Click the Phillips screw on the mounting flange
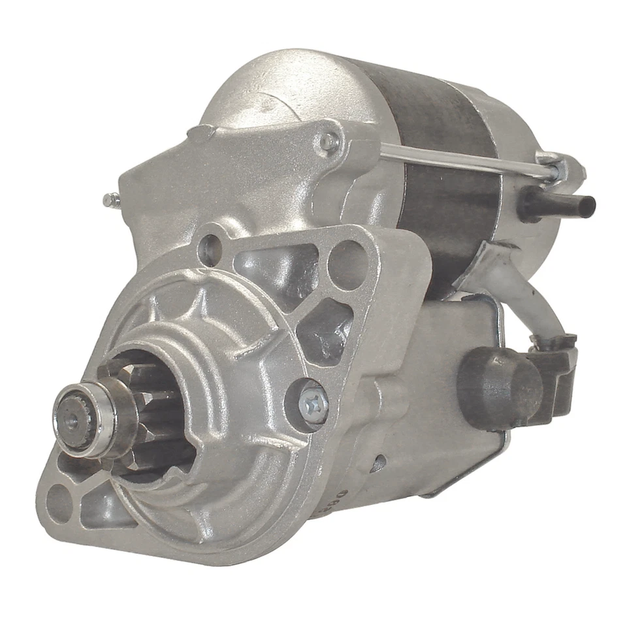312,404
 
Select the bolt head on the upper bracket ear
329,142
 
